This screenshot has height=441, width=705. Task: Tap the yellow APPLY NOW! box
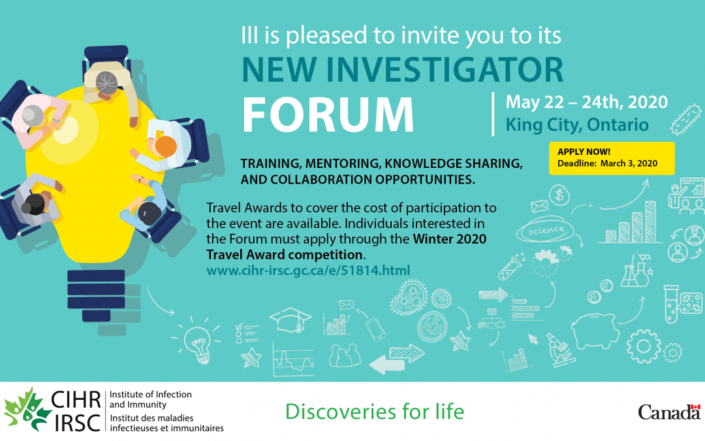click(x=611, y=157)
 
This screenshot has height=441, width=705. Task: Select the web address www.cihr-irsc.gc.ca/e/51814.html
click(x=308, y=269)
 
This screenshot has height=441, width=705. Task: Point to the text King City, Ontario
click(x=576, y=124)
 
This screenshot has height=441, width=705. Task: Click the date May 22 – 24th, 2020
click(x=586, y=102)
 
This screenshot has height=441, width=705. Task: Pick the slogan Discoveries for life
click(x=375, y=412)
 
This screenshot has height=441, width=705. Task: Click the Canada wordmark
click(x=668, y=412)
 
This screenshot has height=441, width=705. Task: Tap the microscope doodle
click(x=556, y=350)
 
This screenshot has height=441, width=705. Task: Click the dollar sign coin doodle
click(x=558, y=194)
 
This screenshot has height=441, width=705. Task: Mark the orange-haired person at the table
click(x=165, y=146)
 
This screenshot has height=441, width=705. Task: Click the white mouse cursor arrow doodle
click(x=533, y=338)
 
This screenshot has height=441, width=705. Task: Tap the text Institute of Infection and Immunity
click(x=150, y=400)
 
